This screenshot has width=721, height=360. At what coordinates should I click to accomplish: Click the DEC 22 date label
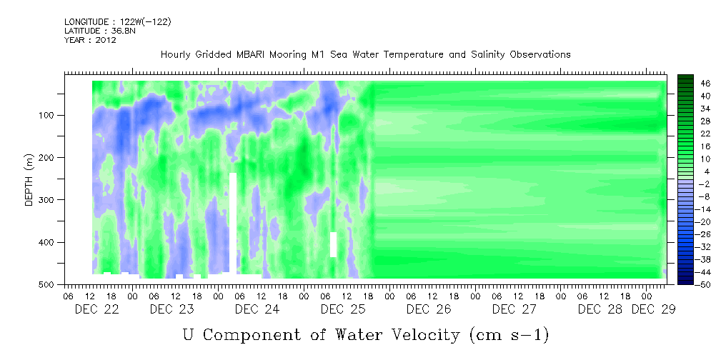pos(97,309)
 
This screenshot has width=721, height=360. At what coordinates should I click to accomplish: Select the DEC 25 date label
pos(343,309)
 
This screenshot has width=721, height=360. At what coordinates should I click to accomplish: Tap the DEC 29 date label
pos(653,309)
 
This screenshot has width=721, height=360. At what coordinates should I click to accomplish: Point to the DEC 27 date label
pos(514,309)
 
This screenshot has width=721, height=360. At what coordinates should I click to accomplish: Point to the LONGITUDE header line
pos(118,21)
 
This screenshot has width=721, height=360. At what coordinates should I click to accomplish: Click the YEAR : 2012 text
pos(90,40)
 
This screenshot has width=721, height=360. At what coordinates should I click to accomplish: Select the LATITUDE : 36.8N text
pos(100,31)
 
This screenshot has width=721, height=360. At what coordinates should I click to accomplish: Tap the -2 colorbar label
pos(704,184)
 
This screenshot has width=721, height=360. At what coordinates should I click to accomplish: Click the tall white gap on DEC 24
pos(233,223)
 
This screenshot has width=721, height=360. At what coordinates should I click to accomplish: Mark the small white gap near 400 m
pos(334,244)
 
